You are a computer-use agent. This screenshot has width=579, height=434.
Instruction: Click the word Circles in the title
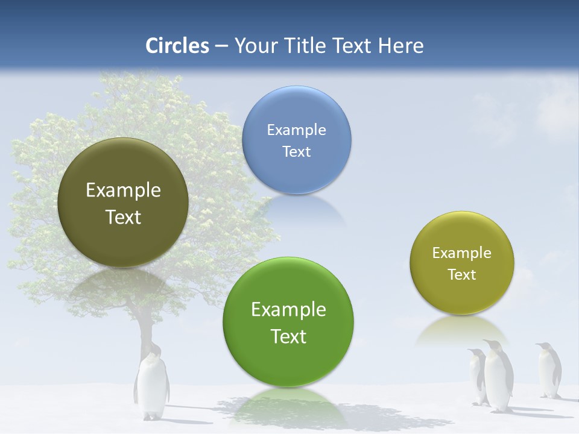pos(177,46)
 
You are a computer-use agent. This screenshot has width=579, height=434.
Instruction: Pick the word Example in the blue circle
pos(296,130)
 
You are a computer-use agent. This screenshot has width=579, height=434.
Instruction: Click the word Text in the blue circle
pos(296,151)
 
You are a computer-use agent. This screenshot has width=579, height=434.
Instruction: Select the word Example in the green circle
pos(288,309)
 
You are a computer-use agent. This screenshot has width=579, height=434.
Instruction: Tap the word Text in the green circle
pos(288,336)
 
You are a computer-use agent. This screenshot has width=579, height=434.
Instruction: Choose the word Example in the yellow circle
pos(461,253)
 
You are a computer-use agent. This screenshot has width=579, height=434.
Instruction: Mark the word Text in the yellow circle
pos(461,274)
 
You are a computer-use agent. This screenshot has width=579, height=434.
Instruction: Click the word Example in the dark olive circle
pos(123,190)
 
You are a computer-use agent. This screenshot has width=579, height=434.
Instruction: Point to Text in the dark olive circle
pos(123,216)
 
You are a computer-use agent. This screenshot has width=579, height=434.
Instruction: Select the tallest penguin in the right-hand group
pos(498,377)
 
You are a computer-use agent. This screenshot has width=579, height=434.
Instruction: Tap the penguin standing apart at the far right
pos(548,371)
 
